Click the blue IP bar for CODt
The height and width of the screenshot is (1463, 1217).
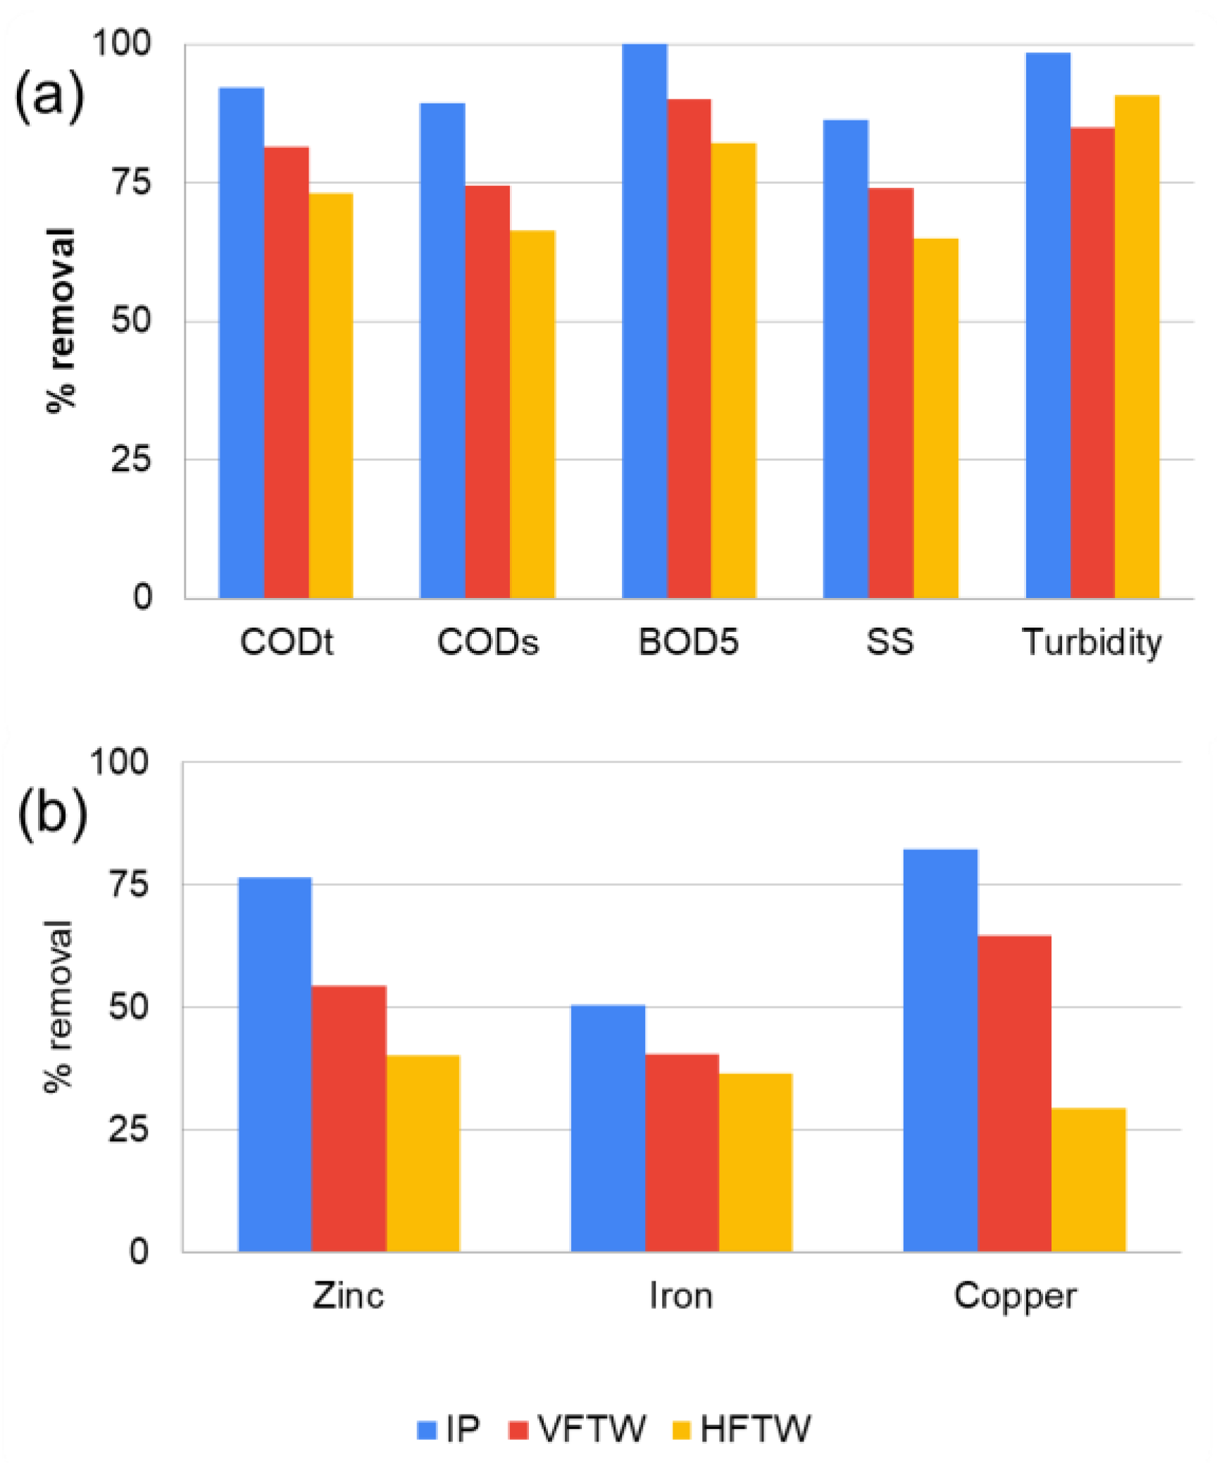point(241,343)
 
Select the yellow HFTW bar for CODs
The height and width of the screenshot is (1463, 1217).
point(532,414)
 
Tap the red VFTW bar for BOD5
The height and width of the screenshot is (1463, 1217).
point(689,349)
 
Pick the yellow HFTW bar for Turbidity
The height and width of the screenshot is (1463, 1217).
point(1136,347)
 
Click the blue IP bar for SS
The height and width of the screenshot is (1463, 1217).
point(845,359)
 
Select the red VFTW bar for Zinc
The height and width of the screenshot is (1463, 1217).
point(349,1119)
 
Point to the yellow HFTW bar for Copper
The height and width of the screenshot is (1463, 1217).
point(1087,1181)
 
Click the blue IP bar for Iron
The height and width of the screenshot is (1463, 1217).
point(607,1128)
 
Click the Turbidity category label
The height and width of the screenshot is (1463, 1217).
point(1092,642)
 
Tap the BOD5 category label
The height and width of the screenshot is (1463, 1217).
point(688,642)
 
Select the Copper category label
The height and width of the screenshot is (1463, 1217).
point(1015,1296)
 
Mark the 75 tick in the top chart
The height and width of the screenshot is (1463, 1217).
point(132,182)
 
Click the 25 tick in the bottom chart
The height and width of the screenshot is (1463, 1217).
point(129,1131)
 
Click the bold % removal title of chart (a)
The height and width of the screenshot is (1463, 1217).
point(61,320)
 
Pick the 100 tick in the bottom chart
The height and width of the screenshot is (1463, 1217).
point(119,762)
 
